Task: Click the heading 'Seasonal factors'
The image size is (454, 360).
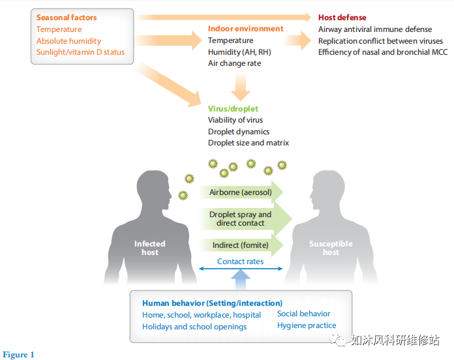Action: pos(67,18)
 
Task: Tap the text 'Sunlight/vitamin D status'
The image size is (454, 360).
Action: pos(80,52)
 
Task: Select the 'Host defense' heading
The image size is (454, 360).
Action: pos(342,18)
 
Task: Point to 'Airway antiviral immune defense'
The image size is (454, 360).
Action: pos(375,29)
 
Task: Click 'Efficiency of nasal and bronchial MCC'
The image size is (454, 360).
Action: pos(383,52)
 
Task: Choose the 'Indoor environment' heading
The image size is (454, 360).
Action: pos(246,29)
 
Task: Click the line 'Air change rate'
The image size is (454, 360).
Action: pos(235,64)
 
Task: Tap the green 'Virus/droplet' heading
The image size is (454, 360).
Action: pos(233,108)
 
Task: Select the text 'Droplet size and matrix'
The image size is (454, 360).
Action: pos(249,143)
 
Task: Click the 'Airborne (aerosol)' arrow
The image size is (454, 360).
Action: pos(241,192)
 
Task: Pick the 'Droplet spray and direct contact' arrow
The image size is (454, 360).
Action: pos(241,219)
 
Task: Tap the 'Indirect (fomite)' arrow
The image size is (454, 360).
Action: pos(240,245)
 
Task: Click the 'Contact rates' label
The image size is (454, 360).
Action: pos(241,262)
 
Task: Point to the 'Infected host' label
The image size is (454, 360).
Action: pos(150,248)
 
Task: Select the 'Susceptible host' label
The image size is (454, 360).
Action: pos(331,248)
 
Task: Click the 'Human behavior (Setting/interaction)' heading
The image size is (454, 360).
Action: pos(213,303)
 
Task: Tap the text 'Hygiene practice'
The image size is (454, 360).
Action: pos(307,325)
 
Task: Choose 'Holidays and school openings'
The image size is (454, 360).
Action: pos(194,327)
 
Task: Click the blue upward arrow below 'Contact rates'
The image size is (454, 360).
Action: pos(241,278)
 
